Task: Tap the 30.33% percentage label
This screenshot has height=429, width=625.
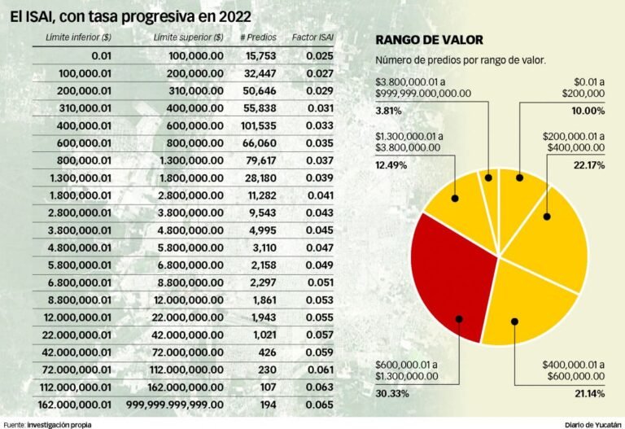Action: [393, 393]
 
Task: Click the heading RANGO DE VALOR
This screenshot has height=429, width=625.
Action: [429, 40]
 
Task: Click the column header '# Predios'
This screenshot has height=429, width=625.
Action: [259, 37]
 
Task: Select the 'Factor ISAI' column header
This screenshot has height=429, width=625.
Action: [312, 37]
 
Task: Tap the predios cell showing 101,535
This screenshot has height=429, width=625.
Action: [260, 126]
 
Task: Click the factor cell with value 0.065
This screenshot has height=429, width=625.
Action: [318, 405]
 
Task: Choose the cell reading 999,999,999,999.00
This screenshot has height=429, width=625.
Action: [175, 405]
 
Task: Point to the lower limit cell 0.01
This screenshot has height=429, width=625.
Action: [97, 55]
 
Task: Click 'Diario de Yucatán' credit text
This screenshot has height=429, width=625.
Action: [593, 424]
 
